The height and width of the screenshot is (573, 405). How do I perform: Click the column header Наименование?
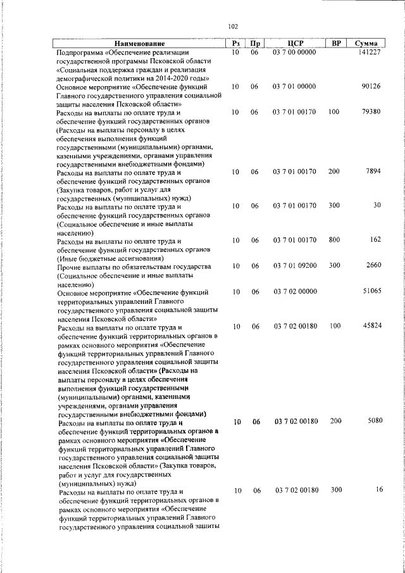(x=139, y=43)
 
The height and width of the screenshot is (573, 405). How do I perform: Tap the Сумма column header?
(x=367, y=43)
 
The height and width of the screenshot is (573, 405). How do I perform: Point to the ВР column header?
(x=337, y=43)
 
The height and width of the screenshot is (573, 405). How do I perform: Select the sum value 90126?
(x=370, y=86)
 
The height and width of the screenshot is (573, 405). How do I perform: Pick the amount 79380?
(x=370, y=112)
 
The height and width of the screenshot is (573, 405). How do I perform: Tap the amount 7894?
(x=372, y=172)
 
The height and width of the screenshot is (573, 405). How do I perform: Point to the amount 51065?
(x=370, y=291)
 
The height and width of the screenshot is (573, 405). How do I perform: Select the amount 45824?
(x=370, y=326)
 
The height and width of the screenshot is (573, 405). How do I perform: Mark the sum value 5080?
(x=372, y=421)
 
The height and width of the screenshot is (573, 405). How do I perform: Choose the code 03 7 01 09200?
(x=294, y=266)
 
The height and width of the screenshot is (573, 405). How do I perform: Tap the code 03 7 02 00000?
(x=294, y=291)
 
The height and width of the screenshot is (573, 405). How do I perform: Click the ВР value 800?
(x=333, y=240)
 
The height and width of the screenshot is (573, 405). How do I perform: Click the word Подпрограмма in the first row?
(x=80, y=53)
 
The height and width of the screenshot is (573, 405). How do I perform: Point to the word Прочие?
(x=70, y=267)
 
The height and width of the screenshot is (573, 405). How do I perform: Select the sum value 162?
(x=375, y=240)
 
